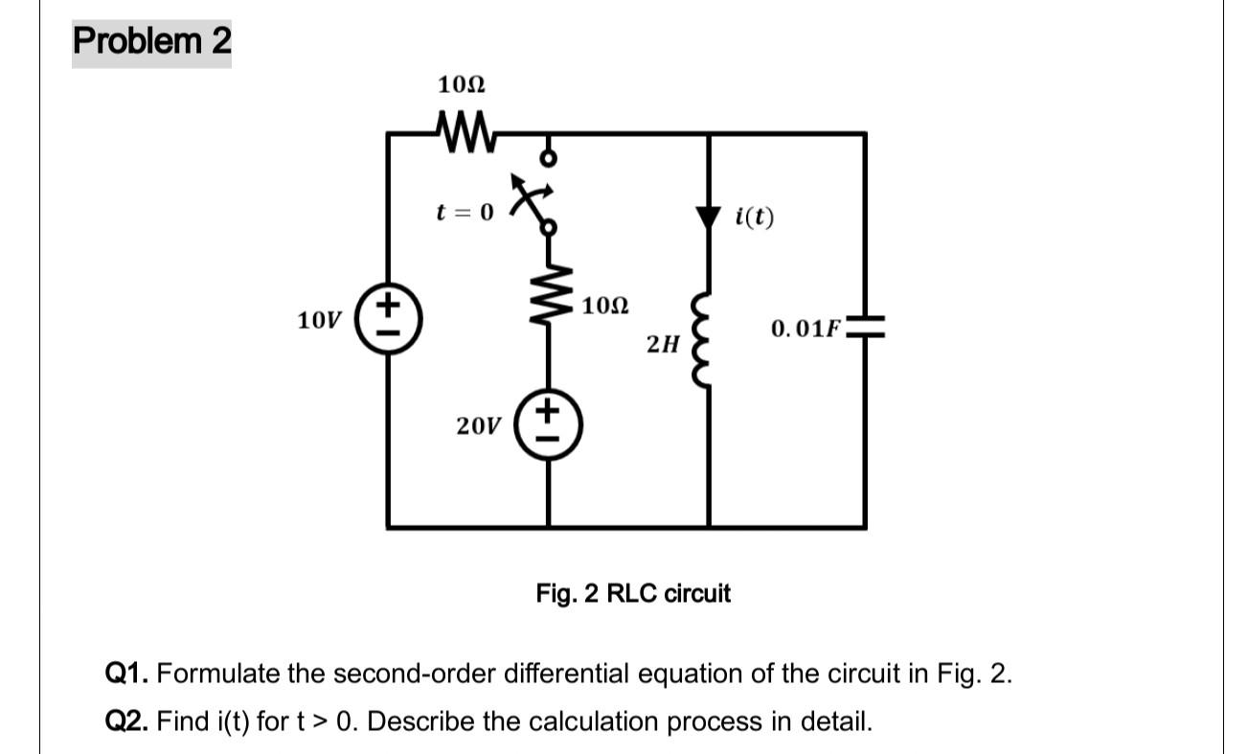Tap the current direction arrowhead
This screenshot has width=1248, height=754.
coord(708,217)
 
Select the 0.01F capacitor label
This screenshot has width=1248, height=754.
coord(806,331)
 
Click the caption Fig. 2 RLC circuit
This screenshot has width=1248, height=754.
coord(633,594)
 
